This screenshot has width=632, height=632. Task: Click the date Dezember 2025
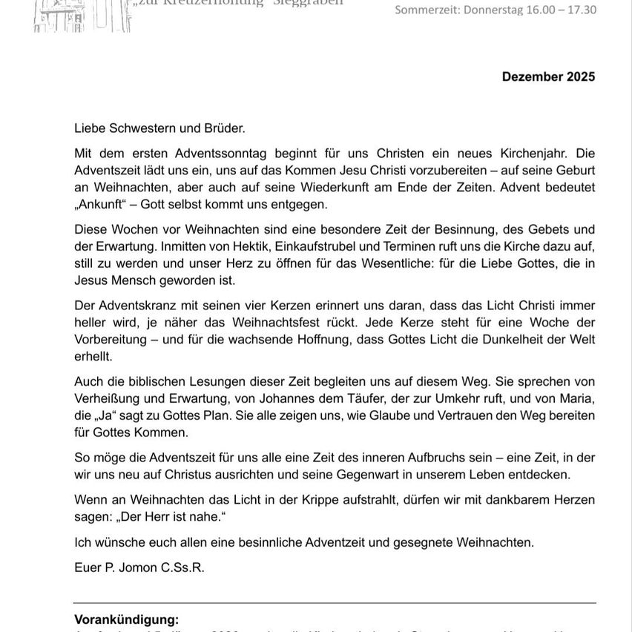coord(548,76)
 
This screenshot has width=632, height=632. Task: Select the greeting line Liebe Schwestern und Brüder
coord(159,128)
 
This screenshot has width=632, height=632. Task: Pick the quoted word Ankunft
coord(104,204)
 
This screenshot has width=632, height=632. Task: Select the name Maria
coord(578,398)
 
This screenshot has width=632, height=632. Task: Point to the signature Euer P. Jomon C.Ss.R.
coord(139,567)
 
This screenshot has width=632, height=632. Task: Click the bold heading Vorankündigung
coord(126,619)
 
